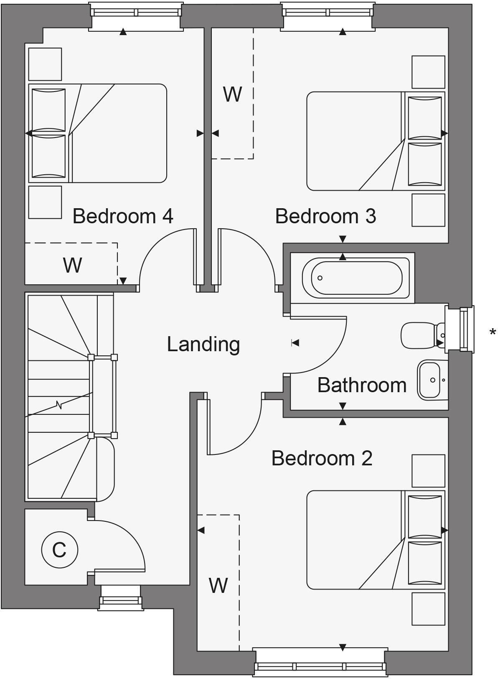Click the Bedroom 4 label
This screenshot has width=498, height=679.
point(123,216)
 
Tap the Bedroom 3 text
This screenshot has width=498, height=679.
point(325,216)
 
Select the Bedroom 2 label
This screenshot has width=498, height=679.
point(322,458)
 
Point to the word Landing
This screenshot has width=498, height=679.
point(203,344)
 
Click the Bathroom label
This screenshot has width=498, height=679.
point(362,385)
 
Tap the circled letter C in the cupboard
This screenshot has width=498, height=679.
point(59,549)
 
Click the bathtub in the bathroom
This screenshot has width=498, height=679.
point(356,278)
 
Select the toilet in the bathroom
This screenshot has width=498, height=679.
point(420,335)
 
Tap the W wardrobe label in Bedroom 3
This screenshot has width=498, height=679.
point(232,94)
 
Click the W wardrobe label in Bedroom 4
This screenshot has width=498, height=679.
point(72,265)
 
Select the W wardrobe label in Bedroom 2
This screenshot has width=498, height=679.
point(218,585)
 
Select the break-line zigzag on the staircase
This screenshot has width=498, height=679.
point(59,405)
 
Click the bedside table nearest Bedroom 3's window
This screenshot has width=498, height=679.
point(428,72)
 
